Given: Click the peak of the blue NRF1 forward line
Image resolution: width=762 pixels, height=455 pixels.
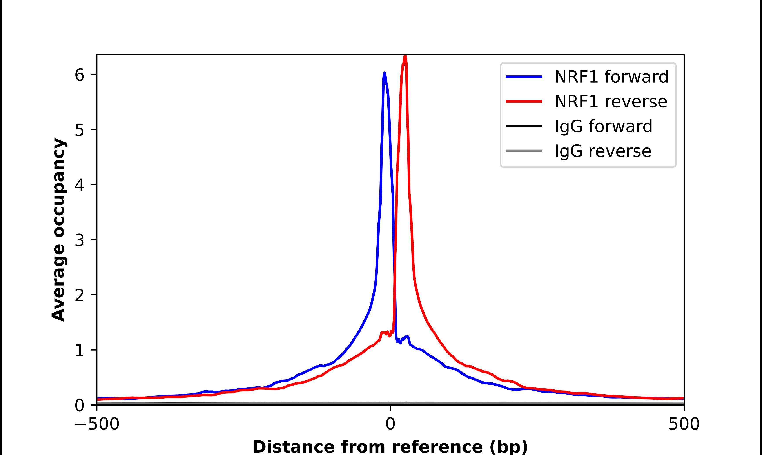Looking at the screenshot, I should tap(384, 73).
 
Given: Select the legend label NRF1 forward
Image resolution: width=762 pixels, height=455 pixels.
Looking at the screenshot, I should tap(611, 77).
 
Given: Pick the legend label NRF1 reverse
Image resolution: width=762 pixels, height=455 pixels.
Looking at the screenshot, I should tap(611, 102).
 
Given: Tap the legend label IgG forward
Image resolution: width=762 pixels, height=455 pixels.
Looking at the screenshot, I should tap(603, 126).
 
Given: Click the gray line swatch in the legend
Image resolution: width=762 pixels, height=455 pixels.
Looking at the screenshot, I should tap(524, 151).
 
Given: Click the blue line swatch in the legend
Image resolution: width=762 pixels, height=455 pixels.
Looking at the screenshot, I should tap(524, 77).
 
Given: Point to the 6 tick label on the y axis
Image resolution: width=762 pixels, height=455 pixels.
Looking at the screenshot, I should tap(79, 75).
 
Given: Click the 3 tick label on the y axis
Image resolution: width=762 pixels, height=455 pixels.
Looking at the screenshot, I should tap(79, 240).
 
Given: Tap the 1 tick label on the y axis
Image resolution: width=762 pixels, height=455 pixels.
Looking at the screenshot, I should tap(79, 350).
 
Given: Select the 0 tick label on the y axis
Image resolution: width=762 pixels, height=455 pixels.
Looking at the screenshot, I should tap(79, 406).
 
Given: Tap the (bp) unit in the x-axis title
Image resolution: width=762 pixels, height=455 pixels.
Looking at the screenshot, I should tap(509, 447).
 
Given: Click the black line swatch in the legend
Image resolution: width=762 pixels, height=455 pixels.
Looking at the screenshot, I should tap(524, 126).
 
